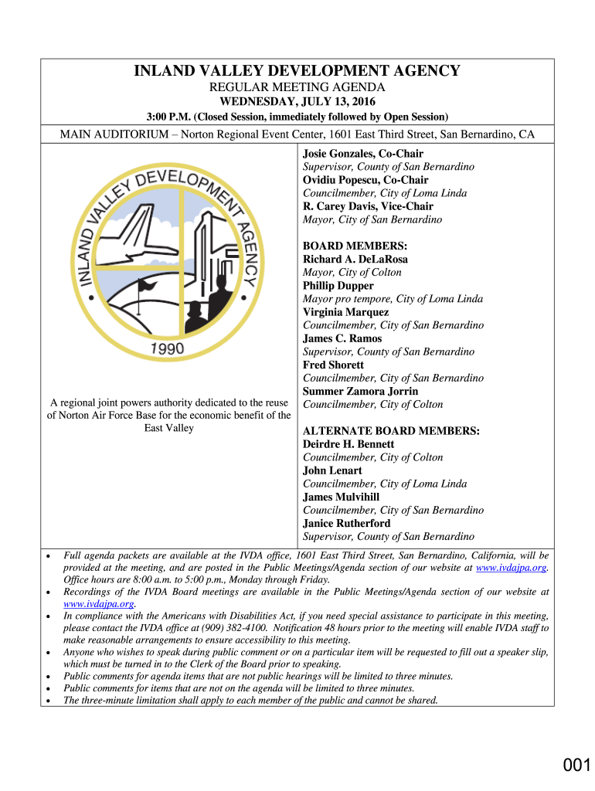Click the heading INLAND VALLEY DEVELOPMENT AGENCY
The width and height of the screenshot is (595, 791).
pos(297,71)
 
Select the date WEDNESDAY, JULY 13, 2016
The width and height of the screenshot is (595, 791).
pos(297,101)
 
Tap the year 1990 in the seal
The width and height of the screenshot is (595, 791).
pos(166,348)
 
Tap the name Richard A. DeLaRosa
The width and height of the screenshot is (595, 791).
pos(355,260)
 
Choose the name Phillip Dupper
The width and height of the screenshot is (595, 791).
pos(338,286)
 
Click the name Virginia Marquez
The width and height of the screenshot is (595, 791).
pos(345,312)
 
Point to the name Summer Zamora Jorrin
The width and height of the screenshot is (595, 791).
pos(360,392)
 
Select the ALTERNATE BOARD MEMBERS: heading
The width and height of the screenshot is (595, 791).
pos(391,431)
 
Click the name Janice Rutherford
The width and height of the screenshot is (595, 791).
pos(346,523)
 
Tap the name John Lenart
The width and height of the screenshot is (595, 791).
pos(332,470)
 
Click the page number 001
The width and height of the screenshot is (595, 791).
pos(576,766)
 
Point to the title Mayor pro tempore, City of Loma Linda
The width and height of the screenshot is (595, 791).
pos(393,299)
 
